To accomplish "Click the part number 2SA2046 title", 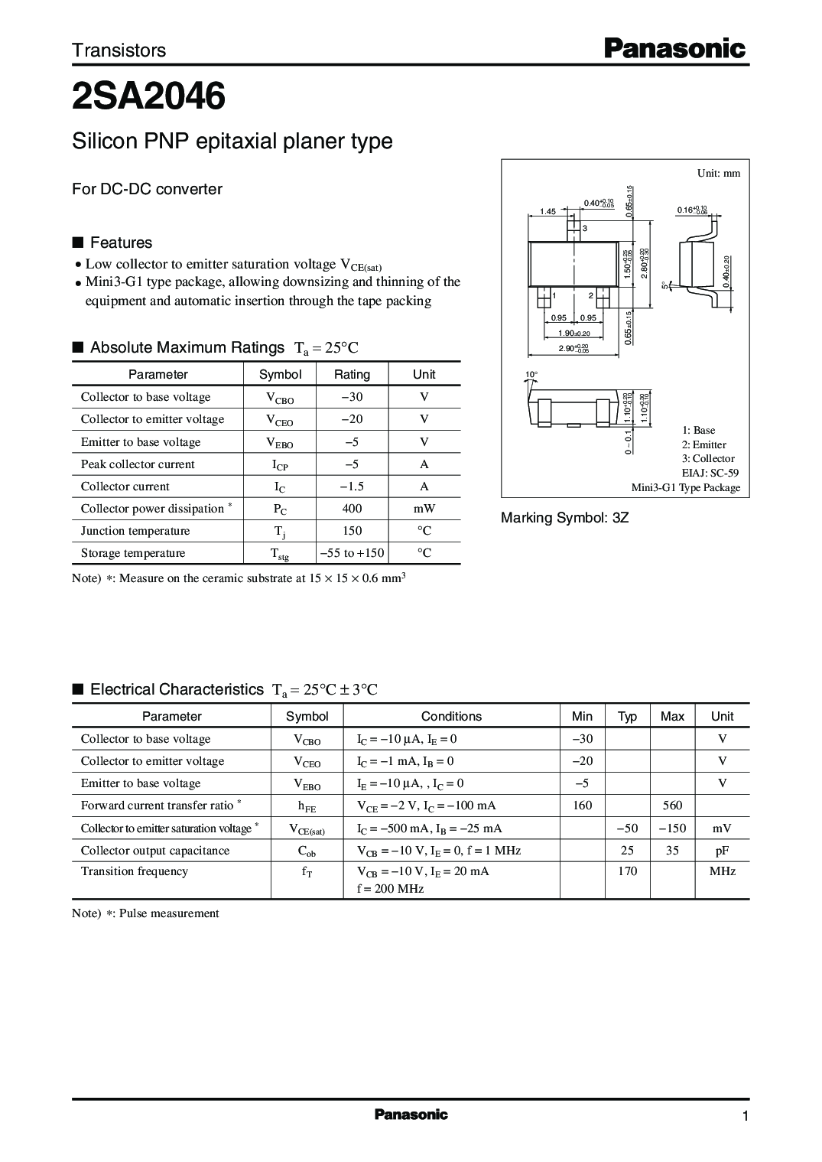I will click(148, 98).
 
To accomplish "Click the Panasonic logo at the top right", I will click(675, 50).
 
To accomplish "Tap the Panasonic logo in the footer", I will click(411, 1115).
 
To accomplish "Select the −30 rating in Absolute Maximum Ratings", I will click(352, 397).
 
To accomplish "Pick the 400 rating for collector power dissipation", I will click(352, 509).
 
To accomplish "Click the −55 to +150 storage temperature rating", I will click(352, 553).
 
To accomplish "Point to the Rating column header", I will click(352, 375).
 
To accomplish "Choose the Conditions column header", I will click(451, 717).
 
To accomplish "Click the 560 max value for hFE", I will click(672, 806).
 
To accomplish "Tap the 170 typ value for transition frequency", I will click(627, 871).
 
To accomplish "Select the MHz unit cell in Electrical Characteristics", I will click(722, 871).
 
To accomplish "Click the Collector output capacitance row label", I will click(155, 851).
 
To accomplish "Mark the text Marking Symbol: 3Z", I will click(564, 518).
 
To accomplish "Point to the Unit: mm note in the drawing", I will click(718, 174).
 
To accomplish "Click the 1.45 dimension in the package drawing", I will click(547, 212).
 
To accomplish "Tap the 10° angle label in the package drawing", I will click(531, 375).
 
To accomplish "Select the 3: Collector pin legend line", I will click(708, 459).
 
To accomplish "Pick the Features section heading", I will click(121, 243).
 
